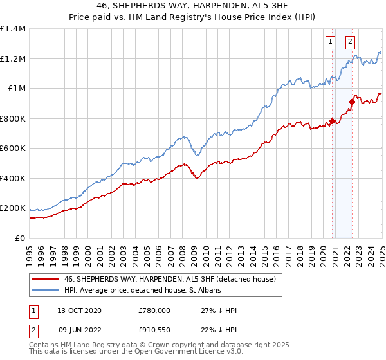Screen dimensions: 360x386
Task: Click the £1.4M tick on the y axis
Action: click(13, 29)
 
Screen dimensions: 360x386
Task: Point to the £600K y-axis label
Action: click(13, 148)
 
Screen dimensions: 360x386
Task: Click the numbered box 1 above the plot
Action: click(330, 42)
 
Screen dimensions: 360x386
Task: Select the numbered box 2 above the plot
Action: click(351, 42)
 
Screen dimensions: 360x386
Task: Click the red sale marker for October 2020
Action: click(332, 121)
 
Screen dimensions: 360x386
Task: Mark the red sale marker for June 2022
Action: click(352, 102)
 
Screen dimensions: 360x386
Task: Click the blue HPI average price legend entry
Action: click(142, 290)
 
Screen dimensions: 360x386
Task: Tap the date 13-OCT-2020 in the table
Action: click(79, 310)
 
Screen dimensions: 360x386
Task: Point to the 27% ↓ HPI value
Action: click(219, 310)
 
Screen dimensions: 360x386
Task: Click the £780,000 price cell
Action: click(154, 310)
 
